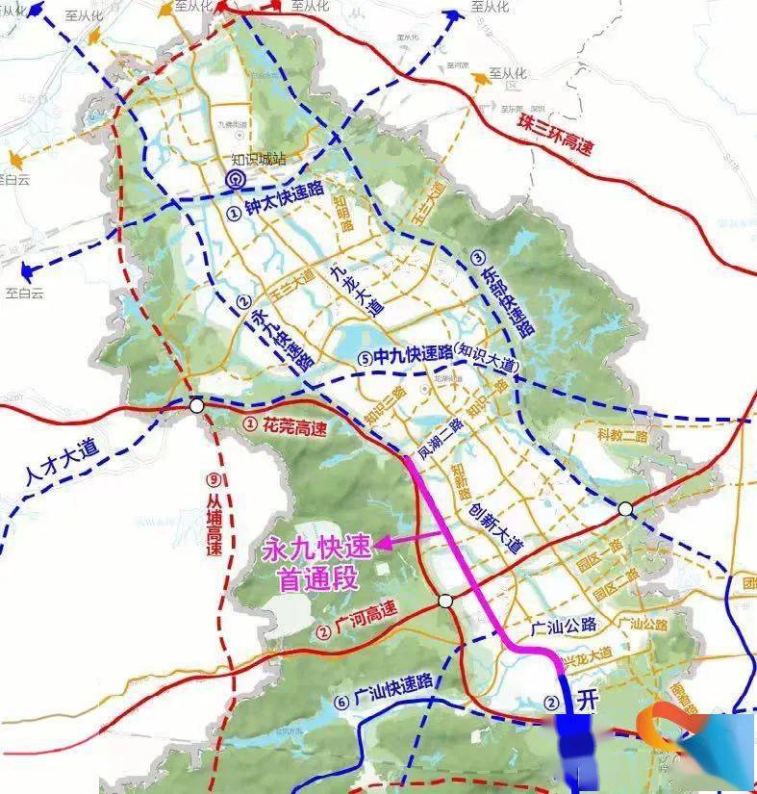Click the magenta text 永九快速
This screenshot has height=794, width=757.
click(315, 552)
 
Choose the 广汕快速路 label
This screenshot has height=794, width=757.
click(393, 693)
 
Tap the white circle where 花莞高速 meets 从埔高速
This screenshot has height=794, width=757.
click(197, 406)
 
